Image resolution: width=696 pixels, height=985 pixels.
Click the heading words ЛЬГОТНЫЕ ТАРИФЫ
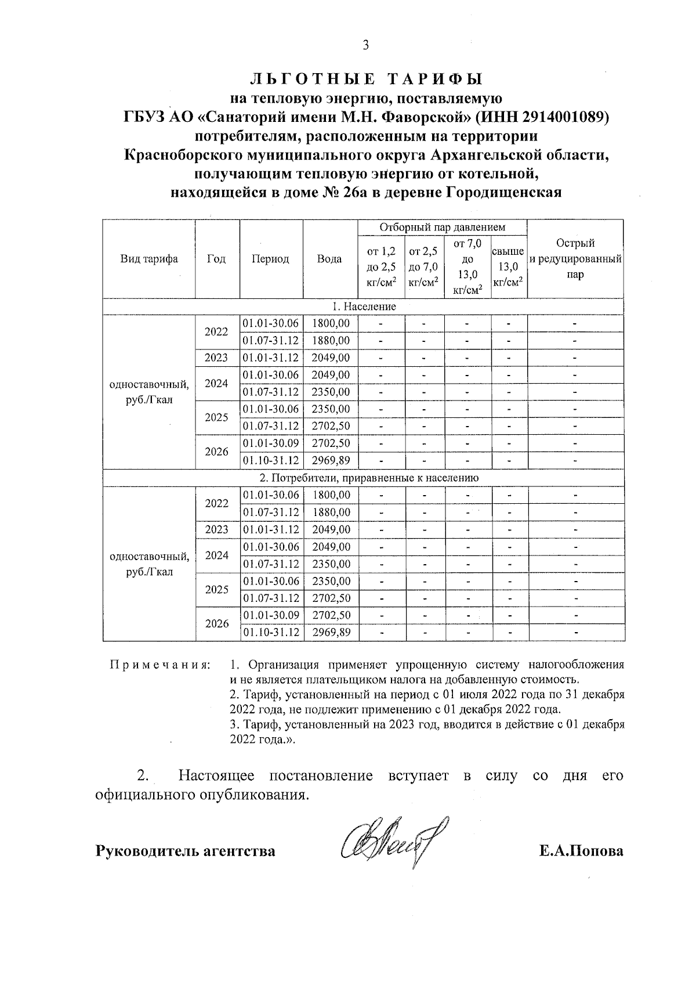coord(366,79)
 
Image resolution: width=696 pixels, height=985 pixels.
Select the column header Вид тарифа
coord(149,259)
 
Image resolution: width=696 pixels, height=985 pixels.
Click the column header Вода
coord(329,259)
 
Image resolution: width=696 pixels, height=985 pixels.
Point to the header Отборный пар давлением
coord(442,228)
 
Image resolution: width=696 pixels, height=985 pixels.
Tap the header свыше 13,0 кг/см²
coord(509,267)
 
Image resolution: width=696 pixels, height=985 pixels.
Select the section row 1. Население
coord(364,306)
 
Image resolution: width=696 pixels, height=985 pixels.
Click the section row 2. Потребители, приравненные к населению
coord(364,478)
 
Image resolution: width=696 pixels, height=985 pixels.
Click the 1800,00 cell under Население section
coord(331,323)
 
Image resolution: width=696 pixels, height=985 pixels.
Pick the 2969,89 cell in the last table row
coord(331,632)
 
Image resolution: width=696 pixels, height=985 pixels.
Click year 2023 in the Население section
coord(216,358)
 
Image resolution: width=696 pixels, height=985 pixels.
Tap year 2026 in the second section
coord(216,623)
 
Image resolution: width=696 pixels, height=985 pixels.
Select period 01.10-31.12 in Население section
coord(271,460)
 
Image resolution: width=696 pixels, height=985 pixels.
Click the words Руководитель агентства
coord(185,851)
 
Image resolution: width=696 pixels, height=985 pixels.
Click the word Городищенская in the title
coord(503,193)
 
